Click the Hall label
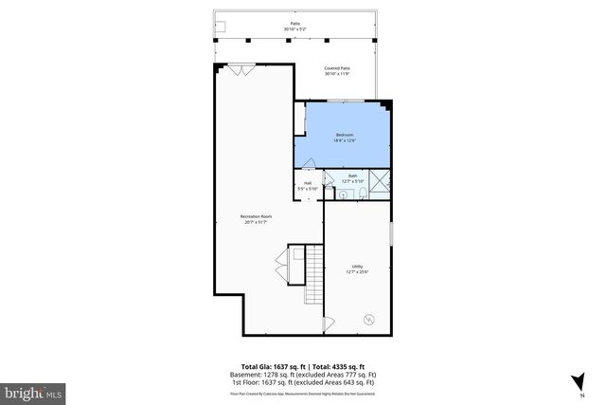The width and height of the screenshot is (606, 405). click(x=308, y=185)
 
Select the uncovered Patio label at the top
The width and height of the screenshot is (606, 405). click(x=294, y=27)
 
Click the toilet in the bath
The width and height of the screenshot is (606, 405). click(x=362, y=193)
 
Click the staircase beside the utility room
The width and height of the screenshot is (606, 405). click(x=312, y=275)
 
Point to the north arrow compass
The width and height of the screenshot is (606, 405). click(x=577, y=381)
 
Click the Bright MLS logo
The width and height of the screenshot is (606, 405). click(x=34, y=391)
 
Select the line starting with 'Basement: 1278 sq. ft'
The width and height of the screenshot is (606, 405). click(x=303, y=374)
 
